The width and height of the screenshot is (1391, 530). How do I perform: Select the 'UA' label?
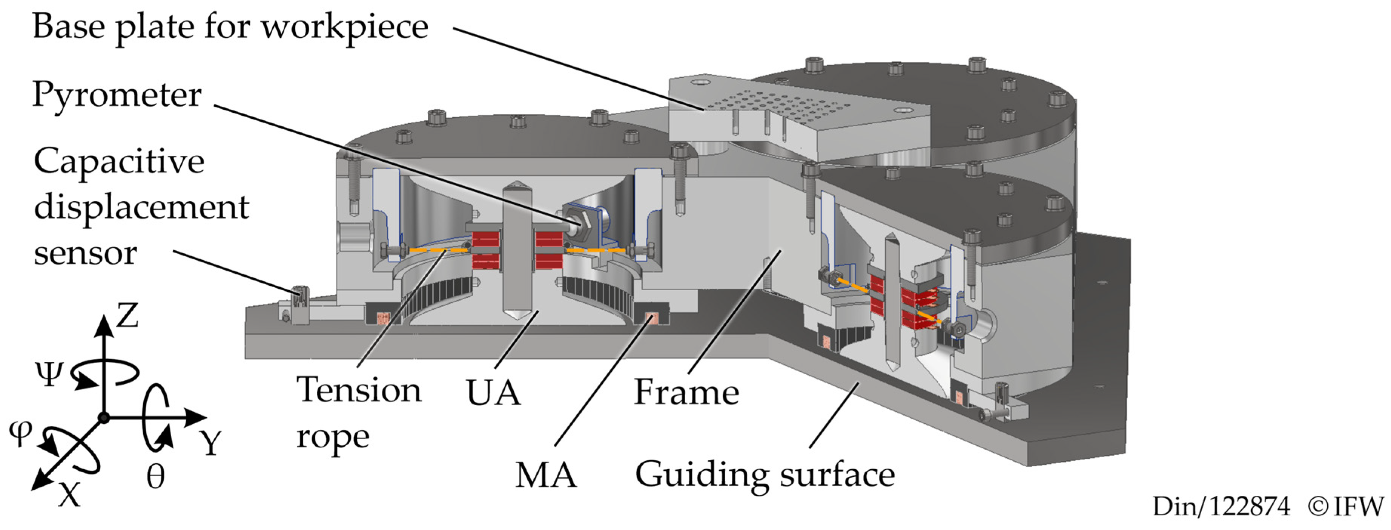(x=493, y=393)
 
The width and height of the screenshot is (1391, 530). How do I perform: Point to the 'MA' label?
(x=545, y=475)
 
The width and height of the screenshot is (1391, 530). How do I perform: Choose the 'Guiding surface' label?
(x=765, y=475)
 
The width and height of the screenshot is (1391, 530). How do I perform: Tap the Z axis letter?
(x=127, y=316)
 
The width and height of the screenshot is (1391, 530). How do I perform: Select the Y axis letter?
(x=210, y=444)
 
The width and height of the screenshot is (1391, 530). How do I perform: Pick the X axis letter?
(x=69, y=493)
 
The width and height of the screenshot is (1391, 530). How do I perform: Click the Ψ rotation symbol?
(x=49, y=374)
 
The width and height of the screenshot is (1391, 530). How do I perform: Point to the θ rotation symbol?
(x=155, y=476)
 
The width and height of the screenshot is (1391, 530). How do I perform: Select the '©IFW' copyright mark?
(x=1346, y=507)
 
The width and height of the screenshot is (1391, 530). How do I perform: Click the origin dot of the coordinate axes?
(x=104, y=418)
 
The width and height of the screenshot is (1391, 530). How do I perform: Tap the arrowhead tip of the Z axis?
(x=104, y=317)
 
